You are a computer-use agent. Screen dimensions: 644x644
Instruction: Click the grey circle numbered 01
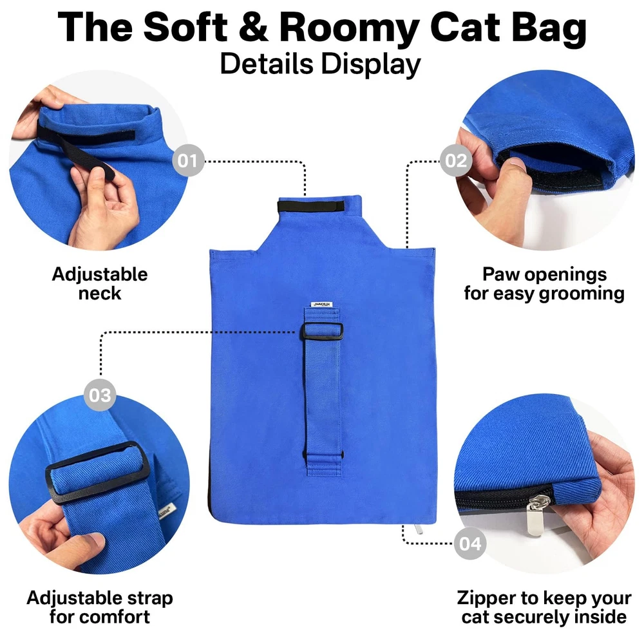[188, 160]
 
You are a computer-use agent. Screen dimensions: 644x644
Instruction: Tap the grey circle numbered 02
[456, 160]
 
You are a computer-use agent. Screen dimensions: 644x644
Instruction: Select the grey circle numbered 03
[100, 395]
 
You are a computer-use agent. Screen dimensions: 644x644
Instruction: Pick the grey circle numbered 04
[470, 544]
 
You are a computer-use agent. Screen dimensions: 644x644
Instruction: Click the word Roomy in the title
[348, 28]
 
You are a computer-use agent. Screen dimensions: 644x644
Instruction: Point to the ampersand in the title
[253, 27]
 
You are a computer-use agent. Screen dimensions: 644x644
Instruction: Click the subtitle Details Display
[321, 64]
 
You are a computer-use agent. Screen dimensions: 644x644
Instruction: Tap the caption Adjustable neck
[100, 283]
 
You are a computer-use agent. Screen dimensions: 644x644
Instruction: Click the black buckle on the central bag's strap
[323, 331]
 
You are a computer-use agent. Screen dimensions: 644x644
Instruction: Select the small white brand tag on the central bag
[321, 305]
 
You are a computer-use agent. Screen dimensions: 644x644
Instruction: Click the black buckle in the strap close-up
[99, 472]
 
